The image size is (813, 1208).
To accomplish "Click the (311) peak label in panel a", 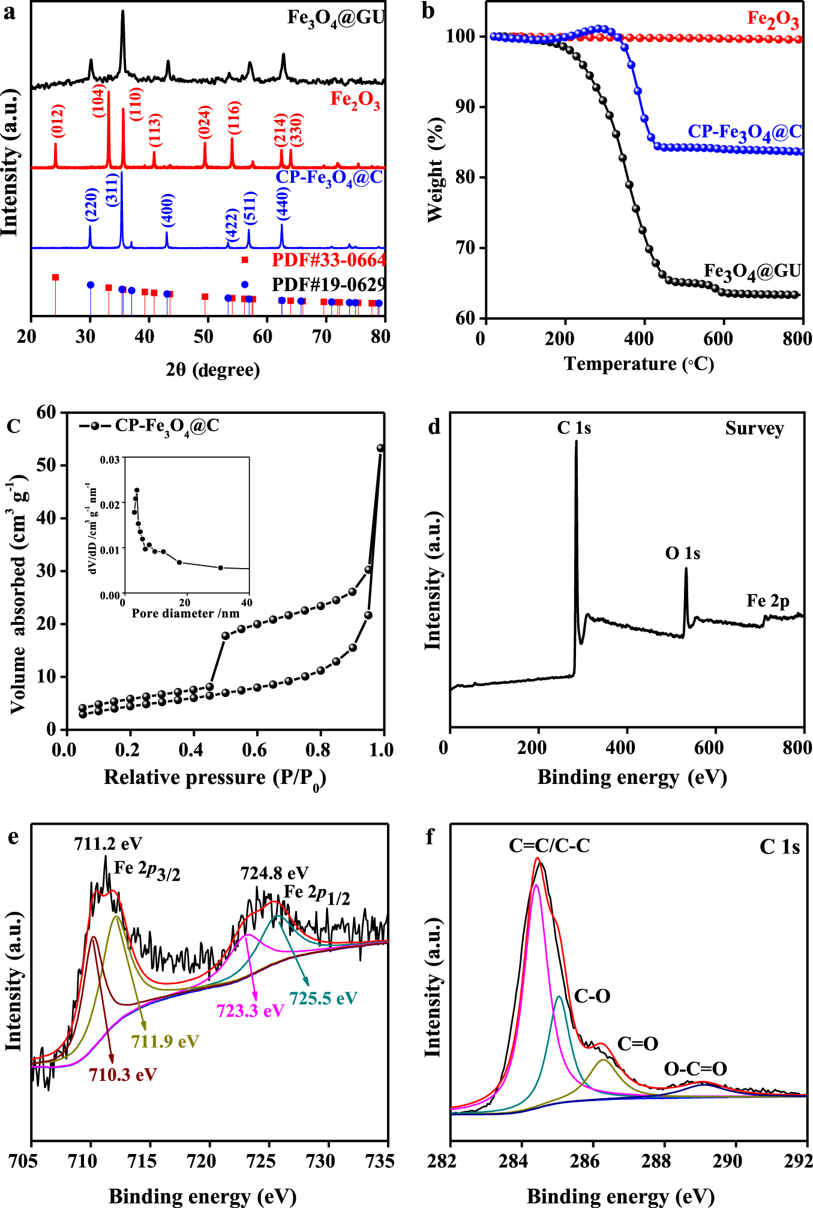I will (x=113, y=190).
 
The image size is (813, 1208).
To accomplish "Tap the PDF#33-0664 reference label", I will (x=328, y=260).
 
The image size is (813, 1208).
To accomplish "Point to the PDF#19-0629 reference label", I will (x=328, y=284).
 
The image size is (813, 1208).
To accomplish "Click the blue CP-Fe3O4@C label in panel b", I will (x=744, y=133).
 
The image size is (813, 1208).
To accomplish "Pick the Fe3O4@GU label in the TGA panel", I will (x=752, y=271).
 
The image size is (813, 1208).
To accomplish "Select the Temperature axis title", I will (x=639, y=364).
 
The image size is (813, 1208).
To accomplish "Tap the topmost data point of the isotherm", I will (x=380, y=448).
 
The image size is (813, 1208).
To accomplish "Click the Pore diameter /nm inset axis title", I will (x=185, y=613).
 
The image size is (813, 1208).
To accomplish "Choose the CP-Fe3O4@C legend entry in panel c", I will (x=150, y=426).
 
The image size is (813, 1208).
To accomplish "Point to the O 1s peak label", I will (x=682, y=553).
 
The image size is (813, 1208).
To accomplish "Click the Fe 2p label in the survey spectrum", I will (x=767, y=600).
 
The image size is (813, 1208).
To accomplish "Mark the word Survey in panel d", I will (x=754, y=428).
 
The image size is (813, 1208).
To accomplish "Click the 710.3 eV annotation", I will (x=123, y=1074).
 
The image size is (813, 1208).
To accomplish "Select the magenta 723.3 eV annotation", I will (x=250, y=1011).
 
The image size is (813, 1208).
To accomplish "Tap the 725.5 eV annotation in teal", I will (x=323, y=998).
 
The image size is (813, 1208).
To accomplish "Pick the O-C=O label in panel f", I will (x=695, y=1069).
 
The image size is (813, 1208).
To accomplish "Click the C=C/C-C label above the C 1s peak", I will (x=549, y=846).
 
